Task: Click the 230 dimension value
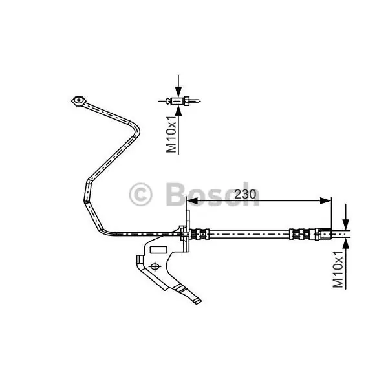pos(245,194)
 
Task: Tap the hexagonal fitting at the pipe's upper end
pos(79,101)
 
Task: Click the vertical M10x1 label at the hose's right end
pos(338,270)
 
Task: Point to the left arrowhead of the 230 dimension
pos(192,201)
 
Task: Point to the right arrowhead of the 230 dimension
pos(325,201)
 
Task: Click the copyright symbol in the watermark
pos(140,195)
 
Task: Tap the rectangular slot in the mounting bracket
pos(158,250)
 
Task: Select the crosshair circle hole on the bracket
pos(155,266)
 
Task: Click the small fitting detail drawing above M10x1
pos(179,101)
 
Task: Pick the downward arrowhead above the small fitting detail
pos(178,91)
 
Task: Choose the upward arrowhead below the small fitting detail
pos(178,111)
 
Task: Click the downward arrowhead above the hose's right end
pos(346,224)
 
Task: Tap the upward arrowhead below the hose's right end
pos(346,244)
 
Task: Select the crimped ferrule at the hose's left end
pos(200,234)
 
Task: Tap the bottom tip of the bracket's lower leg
pos(198,304)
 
